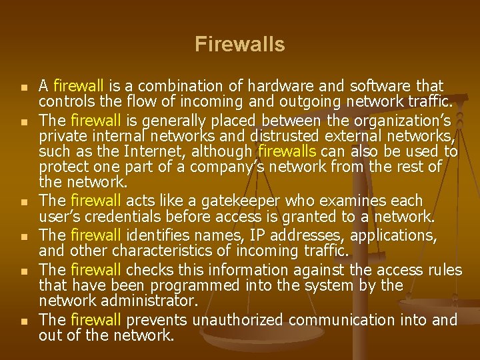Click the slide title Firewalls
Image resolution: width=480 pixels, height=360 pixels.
240,45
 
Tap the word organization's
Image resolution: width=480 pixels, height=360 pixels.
405,121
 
